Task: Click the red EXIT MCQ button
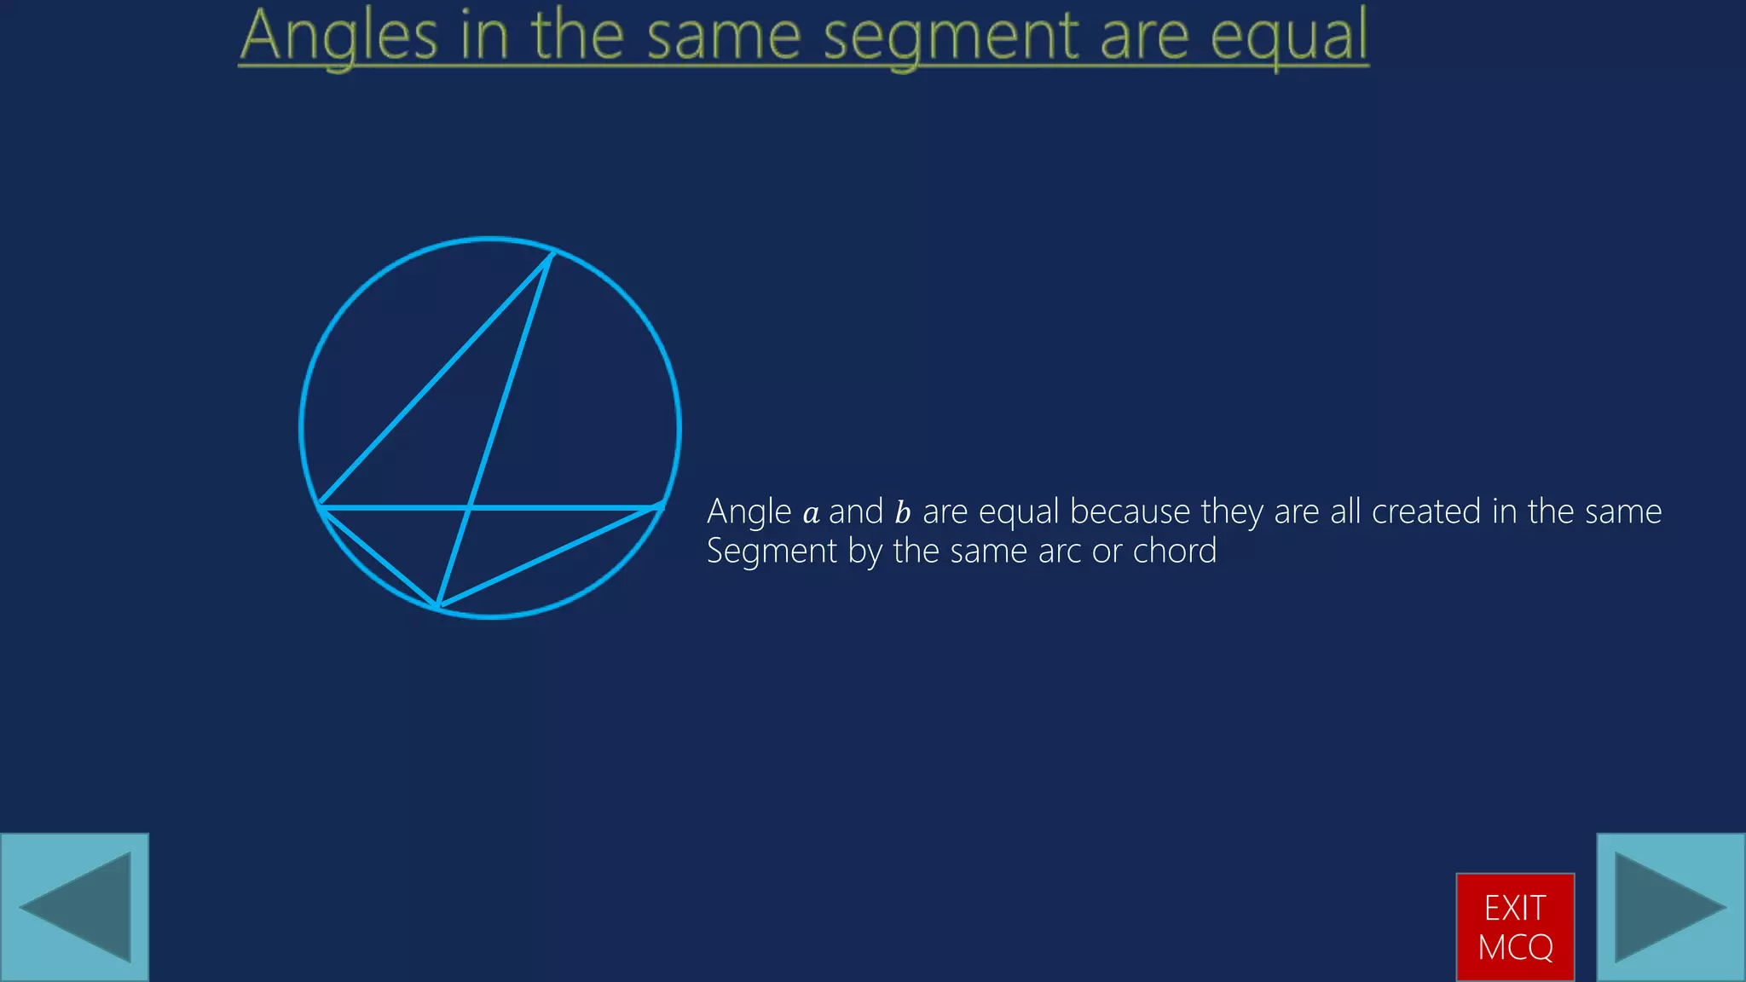pos(1515,927)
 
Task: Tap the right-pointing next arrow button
pos(1670,907)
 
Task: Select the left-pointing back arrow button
pos(75,907)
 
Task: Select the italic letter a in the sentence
pos(811,513)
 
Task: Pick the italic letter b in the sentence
pos(903,512)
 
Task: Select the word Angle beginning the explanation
pos(749,512)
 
